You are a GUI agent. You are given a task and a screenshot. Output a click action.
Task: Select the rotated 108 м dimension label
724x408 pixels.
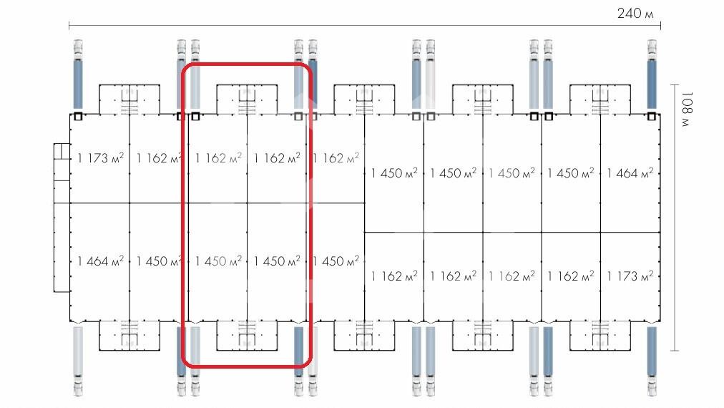686,108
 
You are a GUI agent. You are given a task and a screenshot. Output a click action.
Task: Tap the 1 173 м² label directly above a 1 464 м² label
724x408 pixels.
100,158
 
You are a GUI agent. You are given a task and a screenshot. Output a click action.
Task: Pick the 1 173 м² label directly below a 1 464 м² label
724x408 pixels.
630,276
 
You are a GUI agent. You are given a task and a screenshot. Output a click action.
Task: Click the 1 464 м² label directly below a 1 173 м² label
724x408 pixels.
100,261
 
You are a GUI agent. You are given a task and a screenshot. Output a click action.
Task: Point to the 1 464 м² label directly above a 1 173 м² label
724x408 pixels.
630,173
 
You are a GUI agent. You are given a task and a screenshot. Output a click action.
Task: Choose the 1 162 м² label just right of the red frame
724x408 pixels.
336,158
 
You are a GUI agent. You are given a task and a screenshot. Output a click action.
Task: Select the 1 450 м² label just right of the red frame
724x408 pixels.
336,261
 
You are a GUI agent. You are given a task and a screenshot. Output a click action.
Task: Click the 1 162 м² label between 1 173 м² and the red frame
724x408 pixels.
158,158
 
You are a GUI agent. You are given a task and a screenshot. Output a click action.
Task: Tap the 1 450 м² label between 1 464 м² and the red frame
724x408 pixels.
158,261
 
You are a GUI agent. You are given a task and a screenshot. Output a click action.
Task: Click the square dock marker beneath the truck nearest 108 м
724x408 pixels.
652,116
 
